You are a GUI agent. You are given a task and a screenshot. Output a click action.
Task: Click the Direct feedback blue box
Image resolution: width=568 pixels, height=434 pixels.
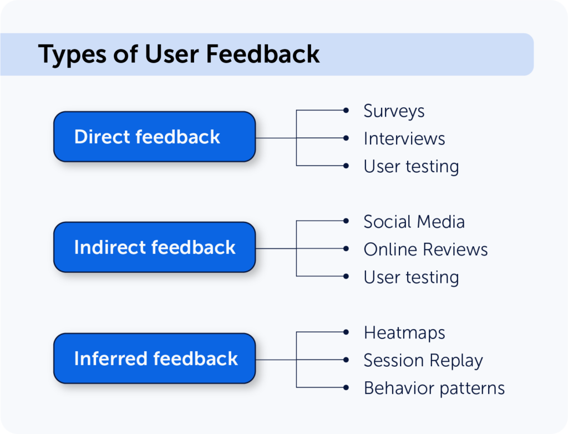pos(154,137)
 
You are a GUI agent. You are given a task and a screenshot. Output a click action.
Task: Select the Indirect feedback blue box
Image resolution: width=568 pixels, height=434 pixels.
pos(154,247)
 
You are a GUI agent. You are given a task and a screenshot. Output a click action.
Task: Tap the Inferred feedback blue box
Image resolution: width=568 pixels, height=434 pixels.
pos(154,358)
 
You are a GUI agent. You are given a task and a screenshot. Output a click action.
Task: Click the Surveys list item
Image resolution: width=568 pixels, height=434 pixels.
pos(394,111)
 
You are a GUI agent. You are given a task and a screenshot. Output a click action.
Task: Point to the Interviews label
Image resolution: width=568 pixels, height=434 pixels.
pos(404,138)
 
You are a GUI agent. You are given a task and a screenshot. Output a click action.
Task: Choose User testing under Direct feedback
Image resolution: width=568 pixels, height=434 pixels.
pos(411,166)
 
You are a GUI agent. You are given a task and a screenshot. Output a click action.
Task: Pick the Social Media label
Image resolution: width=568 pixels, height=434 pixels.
pos(414,222)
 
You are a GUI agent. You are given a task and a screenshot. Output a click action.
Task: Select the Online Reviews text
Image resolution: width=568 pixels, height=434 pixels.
pos(425,250)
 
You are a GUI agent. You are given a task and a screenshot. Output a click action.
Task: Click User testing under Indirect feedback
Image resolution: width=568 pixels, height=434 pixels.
pos(411,277)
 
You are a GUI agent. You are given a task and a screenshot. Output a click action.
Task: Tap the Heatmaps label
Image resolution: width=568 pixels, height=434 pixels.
pos(404,333)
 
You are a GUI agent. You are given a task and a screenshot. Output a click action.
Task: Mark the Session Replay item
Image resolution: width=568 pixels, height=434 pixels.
pos(423,361)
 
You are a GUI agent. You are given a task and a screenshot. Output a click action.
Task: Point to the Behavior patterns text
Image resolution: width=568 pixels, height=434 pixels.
pos(434,388)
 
